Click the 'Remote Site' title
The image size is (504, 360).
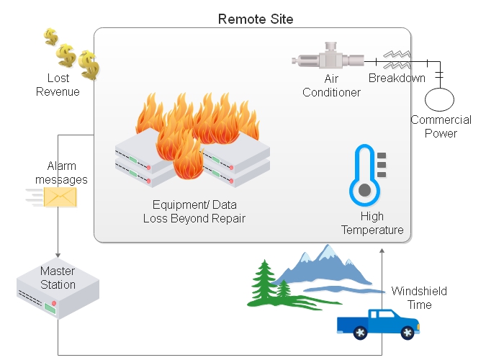[256, 18]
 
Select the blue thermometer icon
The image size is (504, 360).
[364, 176]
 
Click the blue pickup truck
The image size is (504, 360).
[377, 323]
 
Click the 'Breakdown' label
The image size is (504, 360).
[397, 78]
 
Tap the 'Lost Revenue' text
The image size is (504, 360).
[58, 85]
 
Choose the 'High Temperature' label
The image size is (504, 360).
[372, 223]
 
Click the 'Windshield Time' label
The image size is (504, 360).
[419, 298]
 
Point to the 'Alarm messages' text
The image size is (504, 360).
[62, 173]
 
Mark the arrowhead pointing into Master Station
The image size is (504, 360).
[58, 256]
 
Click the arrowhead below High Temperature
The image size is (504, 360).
[382, 248]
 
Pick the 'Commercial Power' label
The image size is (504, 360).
[441, 127]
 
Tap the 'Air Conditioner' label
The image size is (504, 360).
[331, 85]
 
